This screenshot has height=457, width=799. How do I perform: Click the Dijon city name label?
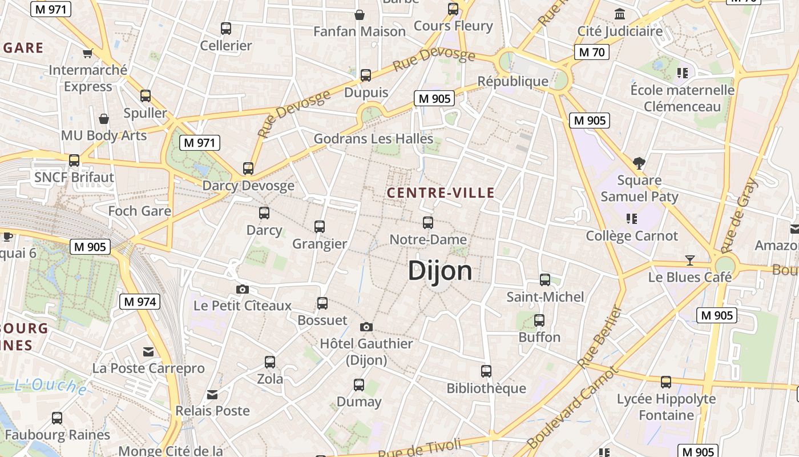[440, 271]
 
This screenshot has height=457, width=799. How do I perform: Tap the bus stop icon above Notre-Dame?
[428, 223]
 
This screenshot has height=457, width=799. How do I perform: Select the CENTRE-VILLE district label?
[441, 193]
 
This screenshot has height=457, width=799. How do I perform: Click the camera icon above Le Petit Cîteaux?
[243, 289]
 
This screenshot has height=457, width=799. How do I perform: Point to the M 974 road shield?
[139, 302]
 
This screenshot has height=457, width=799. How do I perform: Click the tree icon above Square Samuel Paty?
[639, 163]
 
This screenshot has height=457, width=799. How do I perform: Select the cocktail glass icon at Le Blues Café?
[690, 260]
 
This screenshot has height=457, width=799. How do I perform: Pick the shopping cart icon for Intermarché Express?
[88, 53]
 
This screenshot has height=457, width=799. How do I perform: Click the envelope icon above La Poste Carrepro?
[148, 351]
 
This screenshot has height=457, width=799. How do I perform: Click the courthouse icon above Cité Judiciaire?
[620, 14]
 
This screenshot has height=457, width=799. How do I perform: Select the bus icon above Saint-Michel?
[545, 280]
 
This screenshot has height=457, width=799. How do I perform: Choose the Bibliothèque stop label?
[486, 388]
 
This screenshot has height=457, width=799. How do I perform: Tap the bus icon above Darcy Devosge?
[248, 169]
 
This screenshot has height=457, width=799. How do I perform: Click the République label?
[513, 81]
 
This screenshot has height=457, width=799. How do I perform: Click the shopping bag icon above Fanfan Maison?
[360, 14]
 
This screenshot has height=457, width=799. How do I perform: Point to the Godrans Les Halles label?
[373, 138]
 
